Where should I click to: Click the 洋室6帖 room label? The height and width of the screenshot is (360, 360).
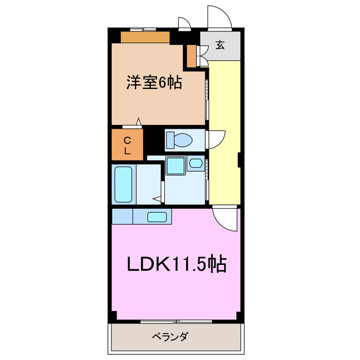(x=154, y=83)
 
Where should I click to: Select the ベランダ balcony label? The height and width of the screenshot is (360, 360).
(x=170, y=337)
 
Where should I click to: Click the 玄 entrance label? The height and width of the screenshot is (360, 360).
(x=220, y=46)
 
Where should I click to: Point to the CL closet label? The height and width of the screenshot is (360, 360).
(x=127, y=145)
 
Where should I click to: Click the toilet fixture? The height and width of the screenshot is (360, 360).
(x=179, y=138)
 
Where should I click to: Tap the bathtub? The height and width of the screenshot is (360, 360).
(x=123, y=184)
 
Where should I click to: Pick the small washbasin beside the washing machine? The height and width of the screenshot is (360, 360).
(x=195, y=164)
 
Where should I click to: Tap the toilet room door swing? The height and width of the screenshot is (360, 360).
(x=215, y=139)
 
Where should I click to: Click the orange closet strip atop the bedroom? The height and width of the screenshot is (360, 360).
(x=145, y=37)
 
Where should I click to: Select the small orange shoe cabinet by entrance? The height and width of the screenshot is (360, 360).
(x=192, y=55)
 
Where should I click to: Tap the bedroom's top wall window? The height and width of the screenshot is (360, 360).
(x=142, y=29)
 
